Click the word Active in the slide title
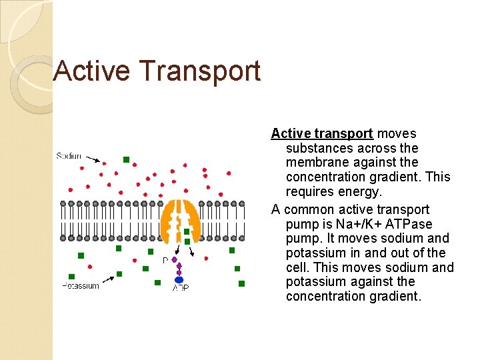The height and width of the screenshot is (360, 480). point(91,71)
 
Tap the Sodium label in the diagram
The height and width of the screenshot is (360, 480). point(69,156)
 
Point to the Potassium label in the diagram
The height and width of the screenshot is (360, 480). point(81,286)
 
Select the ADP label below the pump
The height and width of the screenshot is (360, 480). point(180,288)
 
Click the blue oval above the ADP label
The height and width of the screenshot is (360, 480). point(179,280)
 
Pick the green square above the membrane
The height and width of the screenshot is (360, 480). point(126,160)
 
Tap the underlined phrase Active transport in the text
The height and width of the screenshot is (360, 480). point(322,133)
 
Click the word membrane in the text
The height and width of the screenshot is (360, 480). point(316,163)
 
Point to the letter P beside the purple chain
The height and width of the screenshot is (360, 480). point(165,261)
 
